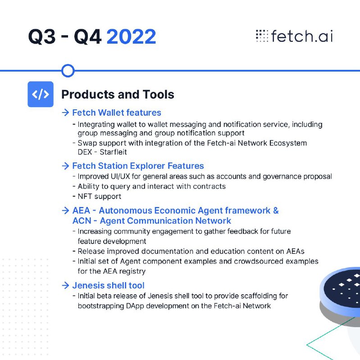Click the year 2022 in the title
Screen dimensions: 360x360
coord(131,36)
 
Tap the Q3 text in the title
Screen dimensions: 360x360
coord(42,36)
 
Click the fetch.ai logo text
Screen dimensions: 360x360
coord(302,36)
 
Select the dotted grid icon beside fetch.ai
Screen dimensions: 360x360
coord(262,36)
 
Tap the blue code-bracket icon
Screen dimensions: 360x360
coord(41,94)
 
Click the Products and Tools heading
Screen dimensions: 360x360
coord(118,94)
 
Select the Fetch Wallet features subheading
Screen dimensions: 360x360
coord(117,112)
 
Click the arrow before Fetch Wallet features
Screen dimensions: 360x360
coord(65,112)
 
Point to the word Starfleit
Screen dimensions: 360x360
coord(113,152)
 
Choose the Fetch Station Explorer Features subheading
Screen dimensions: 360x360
coord(138,166)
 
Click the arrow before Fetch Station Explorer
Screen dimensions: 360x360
coord(65,166)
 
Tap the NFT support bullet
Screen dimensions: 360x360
coord(99,197)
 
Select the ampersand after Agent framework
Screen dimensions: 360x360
coord(276,211)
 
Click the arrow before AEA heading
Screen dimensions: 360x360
coord(65,210)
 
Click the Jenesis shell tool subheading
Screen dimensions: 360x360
coord(108,285)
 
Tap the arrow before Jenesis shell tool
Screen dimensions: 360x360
coord(65,285)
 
